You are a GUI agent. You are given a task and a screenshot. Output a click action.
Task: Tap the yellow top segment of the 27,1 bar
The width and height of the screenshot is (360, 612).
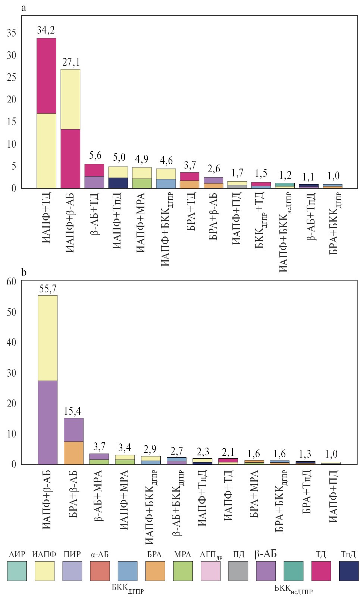click(70, 99)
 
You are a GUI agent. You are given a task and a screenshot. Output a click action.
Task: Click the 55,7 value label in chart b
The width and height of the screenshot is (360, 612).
click(48, 288)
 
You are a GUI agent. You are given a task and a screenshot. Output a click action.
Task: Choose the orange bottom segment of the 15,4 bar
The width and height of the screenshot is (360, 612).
click(73, 453)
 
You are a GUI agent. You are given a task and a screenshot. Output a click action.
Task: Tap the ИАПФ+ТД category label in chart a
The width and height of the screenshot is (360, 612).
click(47, 219)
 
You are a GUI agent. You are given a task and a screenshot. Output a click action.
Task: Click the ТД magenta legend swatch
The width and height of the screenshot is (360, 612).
click(321, 571)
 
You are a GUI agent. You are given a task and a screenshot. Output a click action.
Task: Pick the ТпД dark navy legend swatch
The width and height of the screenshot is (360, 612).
click(348, 571)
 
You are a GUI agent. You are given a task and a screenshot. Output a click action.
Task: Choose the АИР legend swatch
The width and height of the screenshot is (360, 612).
click(17, 571)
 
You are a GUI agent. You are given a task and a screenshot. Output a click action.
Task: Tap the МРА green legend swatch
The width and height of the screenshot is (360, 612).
click(183, 571)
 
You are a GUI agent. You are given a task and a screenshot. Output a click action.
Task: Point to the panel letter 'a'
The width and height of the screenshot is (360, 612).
click(24, 8)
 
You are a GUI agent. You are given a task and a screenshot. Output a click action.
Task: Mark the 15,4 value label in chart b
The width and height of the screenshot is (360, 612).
click(73, 411)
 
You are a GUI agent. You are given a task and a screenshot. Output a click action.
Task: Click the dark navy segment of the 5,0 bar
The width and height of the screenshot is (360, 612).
click(118, 183)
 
